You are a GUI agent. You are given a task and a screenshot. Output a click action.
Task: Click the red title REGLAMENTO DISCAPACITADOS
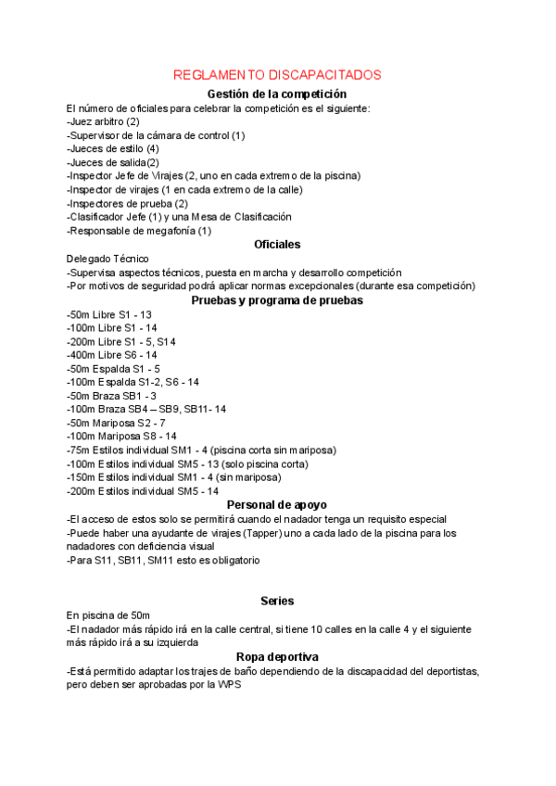tap(277, 74)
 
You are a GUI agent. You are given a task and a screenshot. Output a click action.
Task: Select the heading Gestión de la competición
tap(277, 95)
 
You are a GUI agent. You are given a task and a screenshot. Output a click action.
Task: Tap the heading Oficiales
tap(277, 245)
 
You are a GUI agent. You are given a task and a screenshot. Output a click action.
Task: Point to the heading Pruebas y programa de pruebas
tap(277, 300)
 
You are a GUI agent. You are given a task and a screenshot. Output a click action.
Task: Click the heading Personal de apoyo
tap(277, 505)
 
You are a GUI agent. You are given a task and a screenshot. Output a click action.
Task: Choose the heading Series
tap(277, 602)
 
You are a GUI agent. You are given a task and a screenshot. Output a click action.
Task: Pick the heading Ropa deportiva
tap(277, 657)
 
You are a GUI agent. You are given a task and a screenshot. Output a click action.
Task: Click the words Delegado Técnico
tap(107, 259)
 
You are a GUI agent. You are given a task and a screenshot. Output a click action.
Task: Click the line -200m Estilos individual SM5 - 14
tap(143, 491)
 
